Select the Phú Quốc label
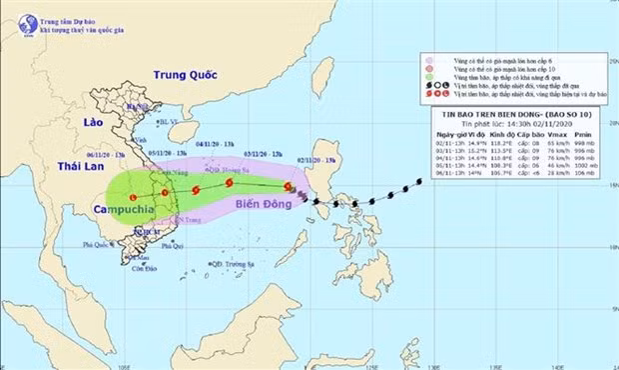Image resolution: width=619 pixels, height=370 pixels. [96, 243]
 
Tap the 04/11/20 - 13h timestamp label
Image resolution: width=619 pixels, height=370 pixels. [214, 144]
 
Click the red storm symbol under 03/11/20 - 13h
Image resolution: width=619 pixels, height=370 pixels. [230, 183]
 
